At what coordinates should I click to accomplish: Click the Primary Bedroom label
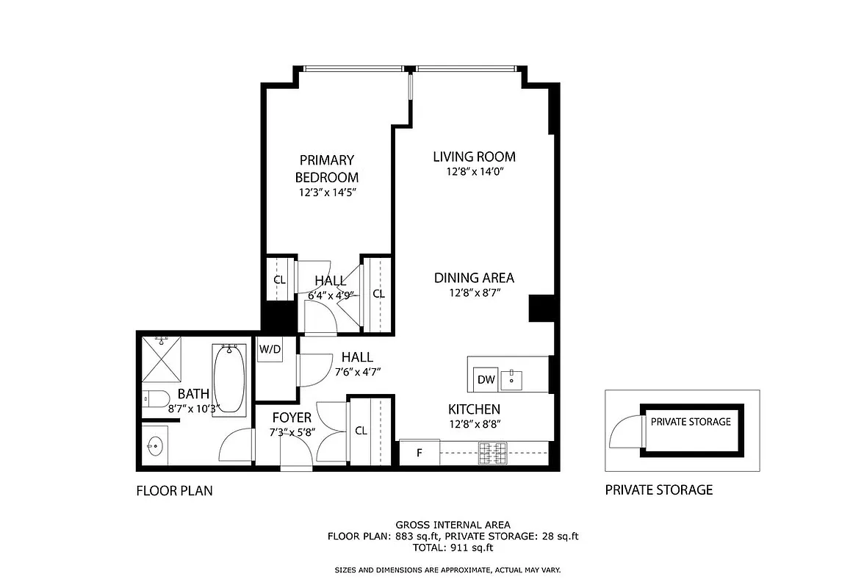pyautogui.click(x=327, y=168)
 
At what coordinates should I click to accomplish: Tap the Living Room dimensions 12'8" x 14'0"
pyautogui.click(x=474, y=171)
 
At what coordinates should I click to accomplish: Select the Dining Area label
pyautogui.click(x=474, y=278)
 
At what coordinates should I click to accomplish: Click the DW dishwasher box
pyautogui.click(x=486, y=379)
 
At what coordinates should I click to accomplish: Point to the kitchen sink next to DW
pyautogui.click(x=512, y=380)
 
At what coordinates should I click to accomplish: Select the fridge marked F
pyautogui.click(x=419, y=452)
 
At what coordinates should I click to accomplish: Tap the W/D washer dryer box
pyautogui.click(x=269, y=349)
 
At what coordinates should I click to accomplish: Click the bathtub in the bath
pyautogui.click(x=229, y=379)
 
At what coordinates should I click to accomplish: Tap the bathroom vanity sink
pyautogui.click(x=155, y=445)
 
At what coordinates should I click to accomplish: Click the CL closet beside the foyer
pyautogui.click(x=361, y=431)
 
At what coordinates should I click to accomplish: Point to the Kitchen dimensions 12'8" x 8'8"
pyautogui.click(x=474, y=423)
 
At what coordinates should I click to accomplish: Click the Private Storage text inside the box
pyautogui.click(x=691, y=422)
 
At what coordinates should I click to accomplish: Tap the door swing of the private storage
pyautogui.click(x=624, y=431)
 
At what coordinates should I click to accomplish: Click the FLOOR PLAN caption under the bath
pyautogui.click(x=174, y=490)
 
